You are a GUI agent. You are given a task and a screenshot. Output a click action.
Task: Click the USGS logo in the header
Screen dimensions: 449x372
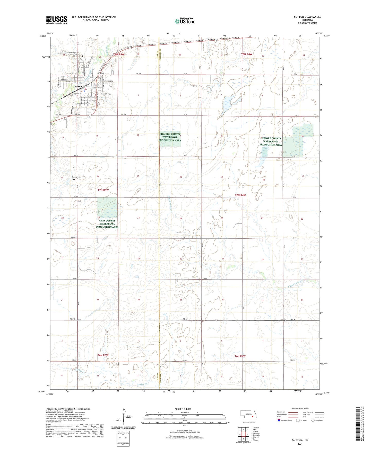pos(56,20)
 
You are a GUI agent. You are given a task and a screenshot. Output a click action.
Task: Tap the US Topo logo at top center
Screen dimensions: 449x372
pos(185,21)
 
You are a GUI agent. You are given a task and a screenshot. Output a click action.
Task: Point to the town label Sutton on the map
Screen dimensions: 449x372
pos(78,87)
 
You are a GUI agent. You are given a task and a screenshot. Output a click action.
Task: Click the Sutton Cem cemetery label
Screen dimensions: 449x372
pos(72,52)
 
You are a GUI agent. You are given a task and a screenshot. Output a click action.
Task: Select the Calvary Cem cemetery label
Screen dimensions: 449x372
pos(76,177)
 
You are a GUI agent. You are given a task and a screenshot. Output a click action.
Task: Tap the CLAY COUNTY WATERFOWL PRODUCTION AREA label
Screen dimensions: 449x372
pos(107,224)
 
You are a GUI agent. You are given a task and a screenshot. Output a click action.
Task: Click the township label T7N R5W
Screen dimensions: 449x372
pos(103,190)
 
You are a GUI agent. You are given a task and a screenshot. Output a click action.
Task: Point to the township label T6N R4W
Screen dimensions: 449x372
pos(240,356)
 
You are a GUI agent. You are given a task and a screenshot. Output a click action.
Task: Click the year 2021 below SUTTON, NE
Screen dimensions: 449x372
pos(300,444)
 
